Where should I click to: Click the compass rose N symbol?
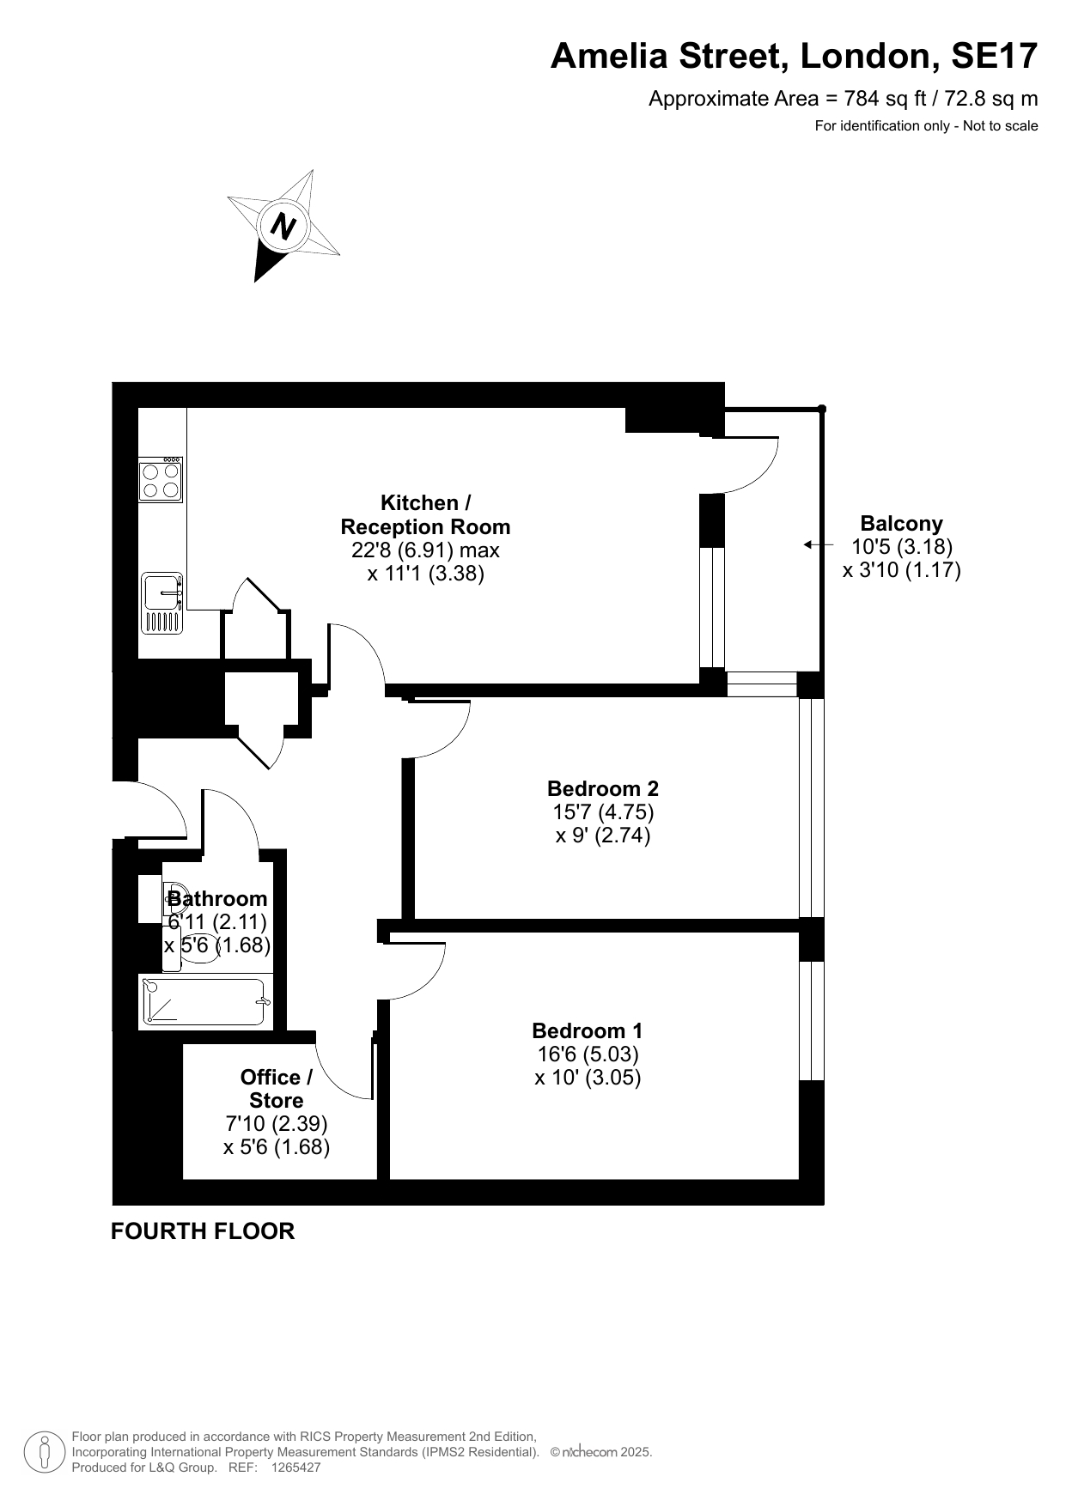pos(283,226)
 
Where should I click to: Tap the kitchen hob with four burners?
pos(161,479)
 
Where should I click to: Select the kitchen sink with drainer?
pos(161,603)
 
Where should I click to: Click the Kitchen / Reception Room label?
pos(425,514)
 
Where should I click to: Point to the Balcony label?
pos(901,523)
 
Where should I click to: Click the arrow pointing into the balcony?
pos(819,544)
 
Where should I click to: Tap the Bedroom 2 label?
pos(603,787)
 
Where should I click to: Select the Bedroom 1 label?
pos(588,1030)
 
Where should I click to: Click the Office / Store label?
pos(277,1088)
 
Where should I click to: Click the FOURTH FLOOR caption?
pos(203,1231)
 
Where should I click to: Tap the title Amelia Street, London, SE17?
pos(794,56)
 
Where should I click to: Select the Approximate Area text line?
pos(843,99)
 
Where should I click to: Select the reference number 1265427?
pos(295,1468)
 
